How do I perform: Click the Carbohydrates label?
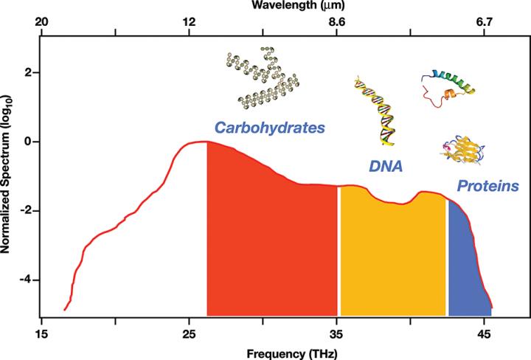pos(269,128)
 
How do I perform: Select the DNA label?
pos(385,167)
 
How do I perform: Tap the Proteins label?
pos(486,185)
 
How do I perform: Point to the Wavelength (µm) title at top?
pos(285,6)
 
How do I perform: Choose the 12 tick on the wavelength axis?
pos(190,23)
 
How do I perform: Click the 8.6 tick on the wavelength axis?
pos(337,23)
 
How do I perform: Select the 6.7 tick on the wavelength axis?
pos(485,23)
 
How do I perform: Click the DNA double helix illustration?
pos(375,108)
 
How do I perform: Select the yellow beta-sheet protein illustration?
pos(461,150)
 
